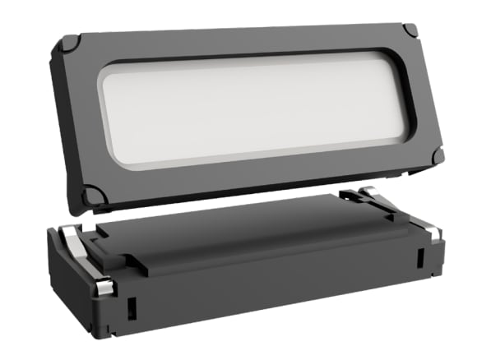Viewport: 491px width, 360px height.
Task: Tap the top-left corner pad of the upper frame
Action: click(71, 42)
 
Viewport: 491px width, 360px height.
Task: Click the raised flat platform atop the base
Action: click(247, 234)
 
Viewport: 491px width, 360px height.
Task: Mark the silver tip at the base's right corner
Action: click(435, 233)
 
